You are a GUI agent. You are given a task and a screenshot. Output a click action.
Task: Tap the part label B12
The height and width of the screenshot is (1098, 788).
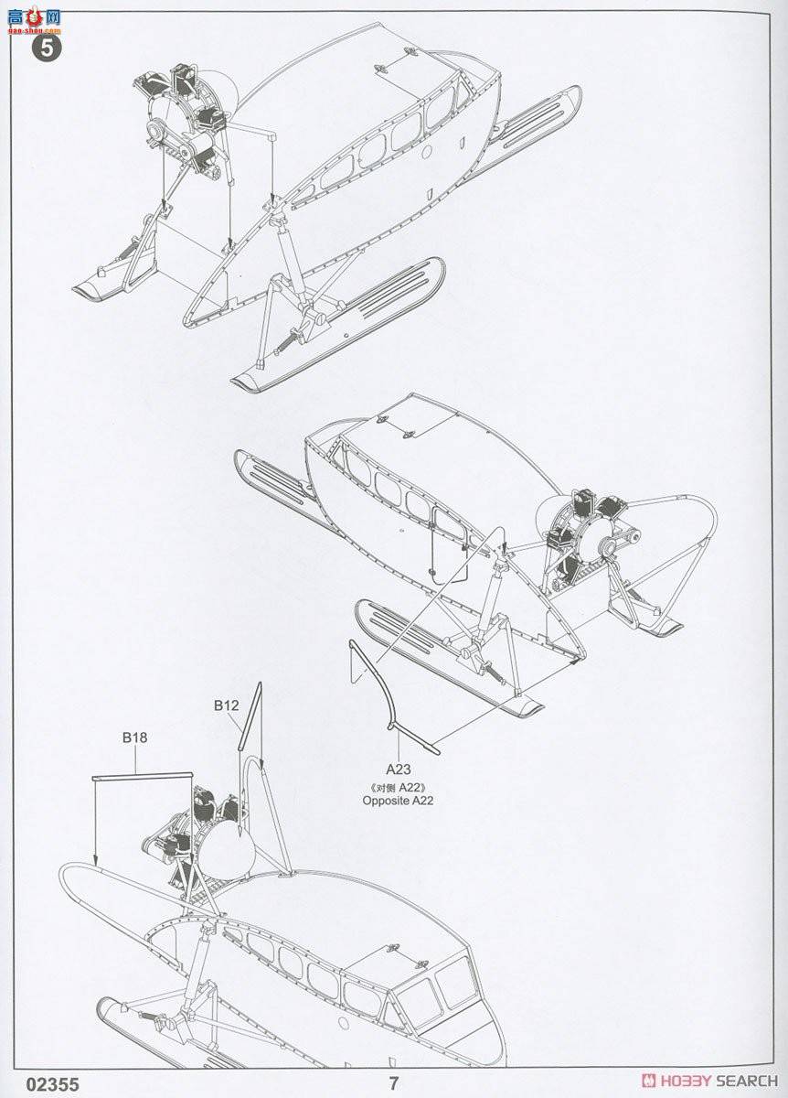(226, 705)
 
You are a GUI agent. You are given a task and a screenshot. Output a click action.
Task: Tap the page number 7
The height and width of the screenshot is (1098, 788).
(394, 1083)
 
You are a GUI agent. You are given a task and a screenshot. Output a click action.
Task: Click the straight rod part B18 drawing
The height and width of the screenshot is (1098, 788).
(142, 776)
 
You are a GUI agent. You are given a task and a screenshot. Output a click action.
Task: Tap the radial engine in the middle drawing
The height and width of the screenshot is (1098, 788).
(571, 540)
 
